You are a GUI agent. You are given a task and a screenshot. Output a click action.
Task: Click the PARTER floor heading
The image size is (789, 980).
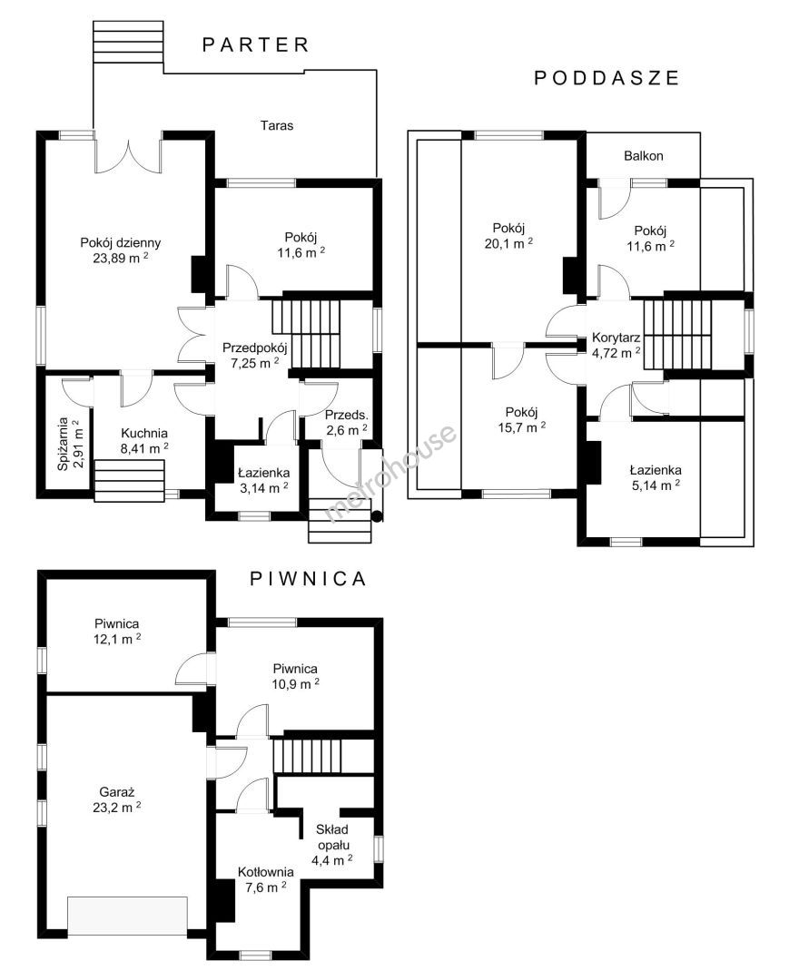click(x=256, y=45)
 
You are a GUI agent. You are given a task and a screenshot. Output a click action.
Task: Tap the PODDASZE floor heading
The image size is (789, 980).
click(x=607, y=77)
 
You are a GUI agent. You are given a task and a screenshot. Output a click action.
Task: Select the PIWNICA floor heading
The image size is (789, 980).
click(x=308, y=579)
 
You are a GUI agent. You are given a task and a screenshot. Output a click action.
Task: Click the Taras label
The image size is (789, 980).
click(x=277, y=125)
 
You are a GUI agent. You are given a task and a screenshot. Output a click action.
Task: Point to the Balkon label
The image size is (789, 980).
click(x=644, y=156)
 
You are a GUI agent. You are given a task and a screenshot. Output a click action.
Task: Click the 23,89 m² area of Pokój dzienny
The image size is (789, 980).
click(x=121, y=258)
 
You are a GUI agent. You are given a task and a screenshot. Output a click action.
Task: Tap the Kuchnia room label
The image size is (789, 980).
click(x=144, y=433)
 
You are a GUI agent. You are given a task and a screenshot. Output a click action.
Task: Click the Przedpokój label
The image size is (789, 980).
click(x=254, y=348)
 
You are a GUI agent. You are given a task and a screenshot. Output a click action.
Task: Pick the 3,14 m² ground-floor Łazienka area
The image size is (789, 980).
click(x=264, y=488)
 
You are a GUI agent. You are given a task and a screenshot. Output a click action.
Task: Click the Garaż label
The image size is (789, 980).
click(x=117, y=792)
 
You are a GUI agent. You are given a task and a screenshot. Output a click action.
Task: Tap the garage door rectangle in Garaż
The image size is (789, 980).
click(x=127, y=916)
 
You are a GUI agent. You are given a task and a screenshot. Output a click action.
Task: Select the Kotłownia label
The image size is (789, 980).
click(x=266, y=872)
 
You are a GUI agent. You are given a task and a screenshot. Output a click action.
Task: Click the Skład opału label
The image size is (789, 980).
click(x=332, y=838)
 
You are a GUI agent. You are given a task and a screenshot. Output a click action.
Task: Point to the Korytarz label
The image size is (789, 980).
click(x=616, y=338)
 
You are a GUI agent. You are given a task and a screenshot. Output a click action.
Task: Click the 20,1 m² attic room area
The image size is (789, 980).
click(x=508, y=244)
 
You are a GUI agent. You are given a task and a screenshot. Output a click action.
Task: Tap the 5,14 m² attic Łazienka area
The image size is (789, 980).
click(x=656, y=485)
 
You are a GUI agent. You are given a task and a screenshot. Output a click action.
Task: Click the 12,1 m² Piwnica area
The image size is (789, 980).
click(x=117, y=639)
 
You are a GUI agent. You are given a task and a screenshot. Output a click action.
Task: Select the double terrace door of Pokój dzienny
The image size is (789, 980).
click(x=128, y=155)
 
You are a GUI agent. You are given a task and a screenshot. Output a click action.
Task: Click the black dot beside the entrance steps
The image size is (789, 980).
click(x=377, y=516)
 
